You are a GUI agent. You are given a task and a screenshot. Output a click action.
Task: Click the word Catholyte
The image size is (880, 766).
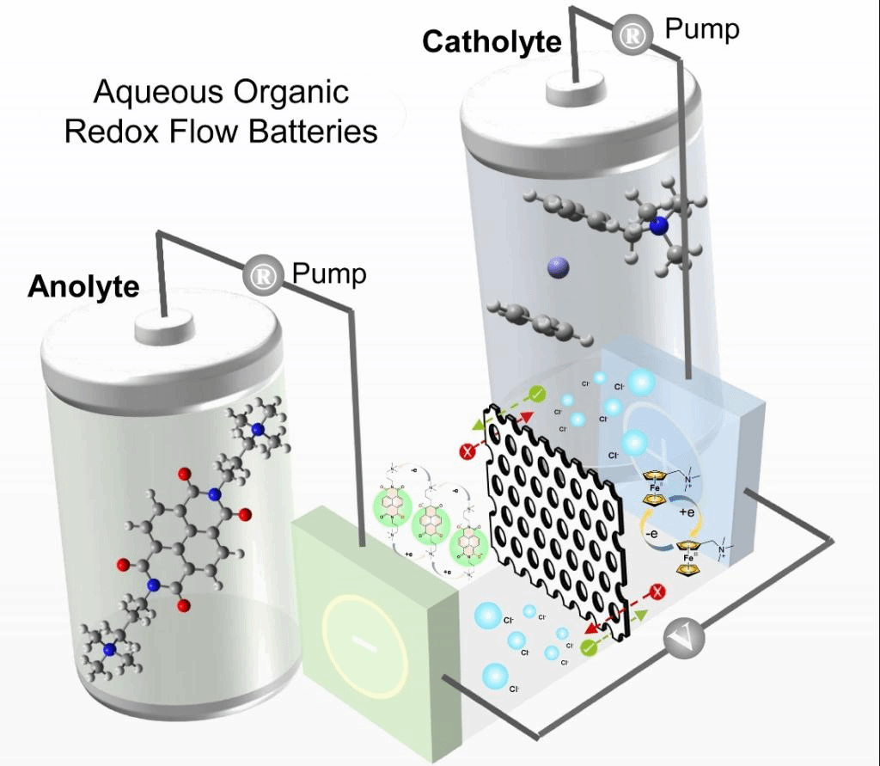pos(491,41)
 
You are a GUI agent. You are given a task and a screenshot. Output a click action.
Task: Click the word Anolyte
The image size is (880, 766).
pos(83,286)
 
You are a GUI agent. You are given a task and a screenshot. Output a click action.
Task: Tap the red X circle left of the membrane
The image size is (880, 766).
pos(468,452)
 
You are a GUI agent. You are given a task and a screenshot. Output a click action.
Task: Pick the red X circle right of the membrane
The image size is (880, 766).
pos(657,591)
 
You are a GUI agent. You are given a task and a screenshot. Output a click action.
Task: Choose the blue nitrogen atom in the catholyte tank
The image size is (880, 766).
pos(658,226)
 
